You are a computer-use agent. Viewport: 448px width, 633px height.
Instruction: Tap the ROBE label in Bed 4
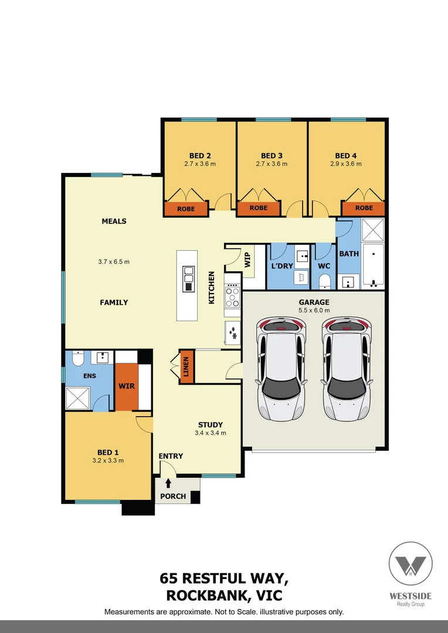[364, 208]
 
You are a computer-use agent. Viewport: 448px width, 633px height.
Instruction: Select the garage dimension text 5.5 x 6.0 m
[314, 310]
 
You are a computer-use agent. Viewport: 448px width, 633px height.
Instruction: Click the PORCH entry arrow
[169, 484]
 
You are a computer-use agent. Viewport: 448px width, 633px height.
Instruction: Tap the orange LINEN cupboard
[186, 367]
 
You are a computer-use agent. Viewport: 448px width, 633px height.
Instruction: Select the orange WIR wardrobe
[126, 387]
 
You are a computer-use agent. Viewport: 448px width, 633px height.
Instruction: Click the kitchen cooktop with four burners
[232, 297]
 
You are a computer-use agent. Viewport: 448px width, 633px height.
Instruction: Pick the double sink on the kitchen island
[188, 278]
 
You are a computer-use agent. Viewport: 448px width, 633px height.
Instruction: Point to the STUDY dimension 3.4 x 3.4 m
[211, 433]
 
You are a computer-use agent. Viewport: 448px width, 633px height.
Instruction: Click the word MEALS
[114, 222]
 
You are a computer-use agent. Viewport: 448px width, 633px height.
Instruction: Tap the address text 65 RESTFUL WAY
[223, 579]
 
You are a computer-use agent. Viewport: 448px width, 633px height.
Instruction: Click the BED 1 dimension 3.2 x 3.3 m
[108, 461]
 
